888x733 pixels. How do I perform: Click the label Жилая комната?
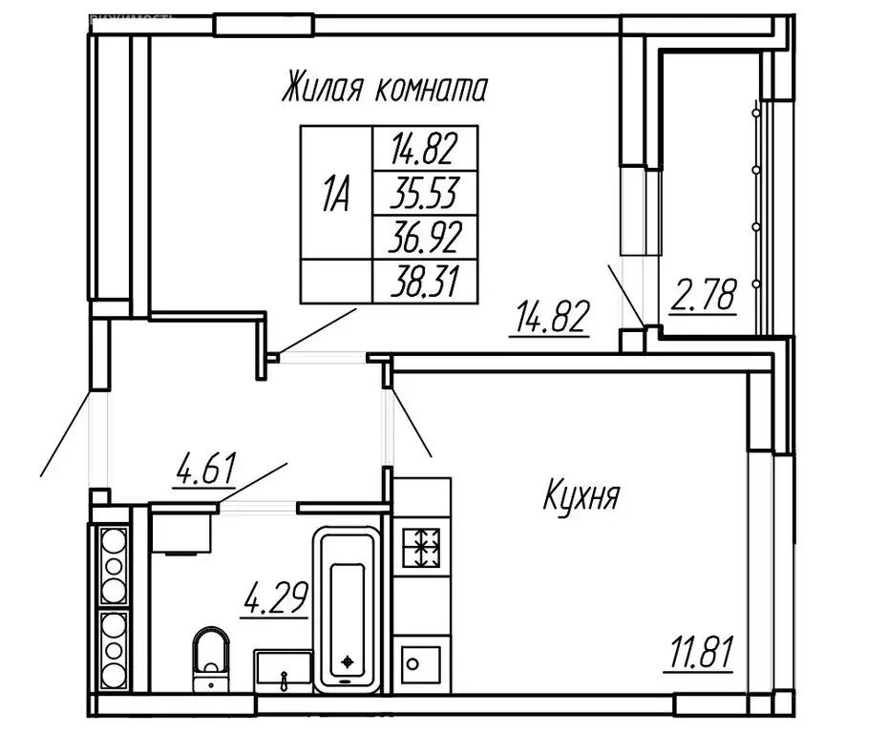[384, 90]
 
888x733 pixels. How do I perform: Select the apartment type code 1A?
[335, 196]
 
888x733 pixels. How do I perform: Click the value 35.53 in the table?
[423, 196]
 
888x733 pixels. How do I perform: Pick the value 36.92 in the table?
[423, 237]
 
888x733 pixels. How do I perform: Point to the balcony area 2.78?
[704, 297]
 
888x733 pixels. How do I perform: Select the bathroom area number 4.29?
[275, 602]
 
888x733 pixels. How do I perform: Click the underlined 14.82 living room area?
[548, 316]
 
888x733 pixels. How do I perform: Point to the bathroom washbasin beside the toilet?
[284, 669]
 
